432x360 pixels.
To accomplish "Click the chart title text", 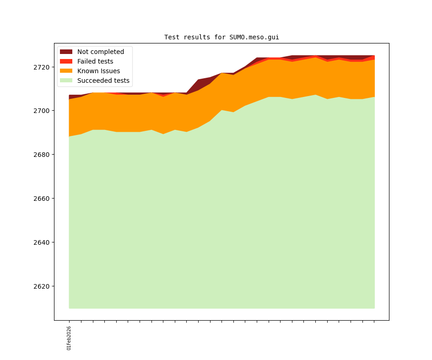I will click(221, 37).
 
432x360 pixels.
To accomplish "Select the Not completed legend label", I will click(100, 52).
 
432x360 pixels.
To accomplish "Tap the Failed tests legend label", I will click(95, 61).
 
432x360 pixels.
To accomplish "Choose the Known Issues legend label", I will click(98, 71).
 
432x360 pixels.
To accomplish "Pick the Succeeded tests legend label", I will click(103, 81).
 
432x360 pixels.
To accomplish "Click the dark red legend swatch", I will click(66, 52).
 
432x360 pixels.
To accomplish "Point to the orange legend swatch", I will click(66, 71).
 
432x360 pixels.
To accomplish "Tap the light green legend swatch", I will click(66, 81).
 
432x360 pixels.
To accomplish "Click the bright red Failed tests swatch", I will click(66, 61).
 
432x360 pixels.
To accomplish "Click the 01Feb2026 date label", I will click(69, 338).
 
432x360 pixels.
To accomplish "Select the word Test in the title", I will click(172, 37).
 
